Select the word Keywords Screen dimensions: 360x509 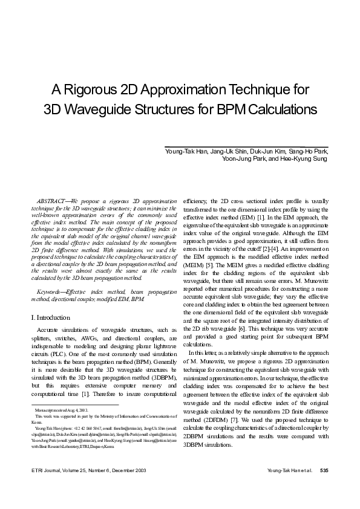[x=50, y=292]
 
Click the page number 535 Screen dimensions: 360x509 [x=324, y=470]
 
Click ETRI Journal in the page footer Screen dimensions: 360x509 [x=45, y=470]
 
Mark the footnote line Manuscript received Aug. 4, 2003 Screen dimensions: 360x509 [x=57, y=410]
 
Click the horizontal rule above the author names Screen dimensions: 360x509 [x=246, y=144]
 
